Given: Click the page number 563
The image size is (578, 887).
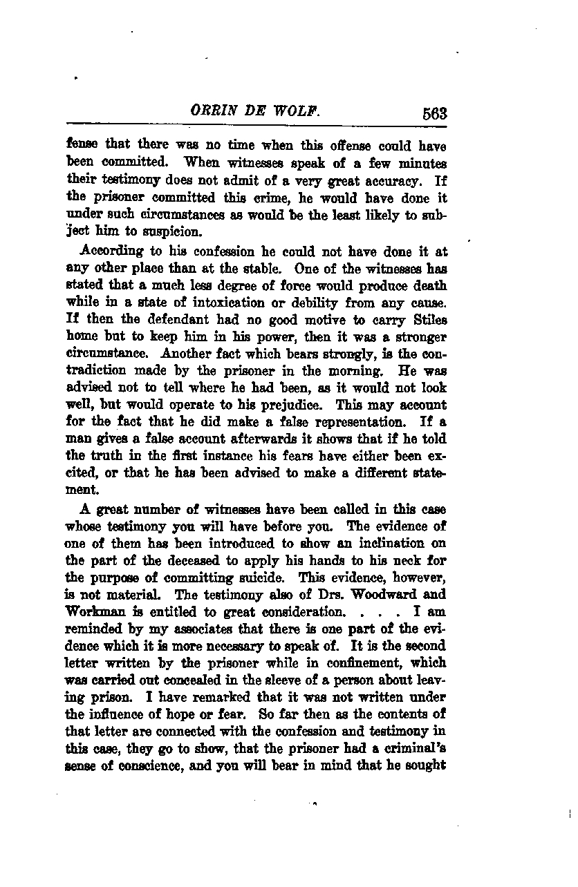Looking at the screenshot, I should [432, 114].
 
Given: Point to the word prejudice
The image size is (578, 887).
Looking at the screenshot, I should [347, 406].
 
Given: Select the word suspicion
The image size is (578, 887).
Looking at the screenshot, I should [157, 231].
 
